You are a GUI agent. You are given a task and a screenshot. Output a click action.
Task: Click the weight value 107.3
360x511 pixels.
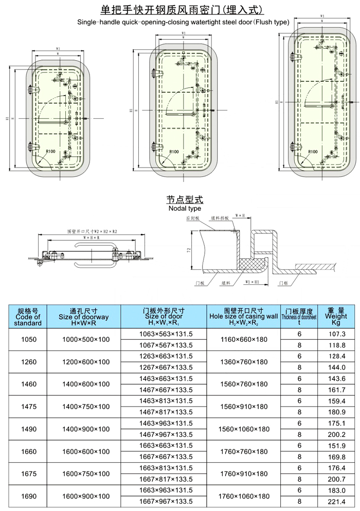336,334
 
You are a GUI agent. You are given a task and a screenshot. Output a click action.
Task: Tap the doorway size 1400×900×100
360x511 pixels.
85,429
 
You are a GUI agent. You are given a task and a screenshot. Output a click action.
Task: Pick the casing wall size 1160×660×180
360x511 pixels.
244,340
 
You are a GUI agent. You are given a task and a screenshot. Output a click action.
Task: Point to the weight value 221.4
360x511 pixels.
336,501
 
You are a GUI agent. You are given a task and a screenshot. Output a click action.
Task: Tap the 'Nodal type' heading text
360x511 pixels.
185,209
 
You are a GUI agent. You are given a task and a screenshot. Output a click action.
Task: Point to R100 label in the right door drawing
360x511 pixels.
312,152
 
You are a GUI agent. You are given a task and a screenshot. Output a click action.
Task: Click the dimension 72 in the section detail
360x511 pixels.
189,250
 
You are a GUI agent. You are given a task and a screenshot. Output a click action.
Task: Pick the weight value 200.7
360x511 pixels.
336,479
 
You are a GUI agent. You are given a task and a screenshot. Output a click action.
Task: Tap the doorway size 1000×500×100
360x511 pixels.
85,340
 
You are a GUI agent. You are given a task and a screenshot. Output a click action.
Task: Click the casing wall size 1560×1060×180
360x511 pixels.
244,429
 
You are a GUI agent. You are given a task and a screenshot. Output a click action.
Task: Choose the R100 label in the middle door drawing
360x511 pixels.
174,152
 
